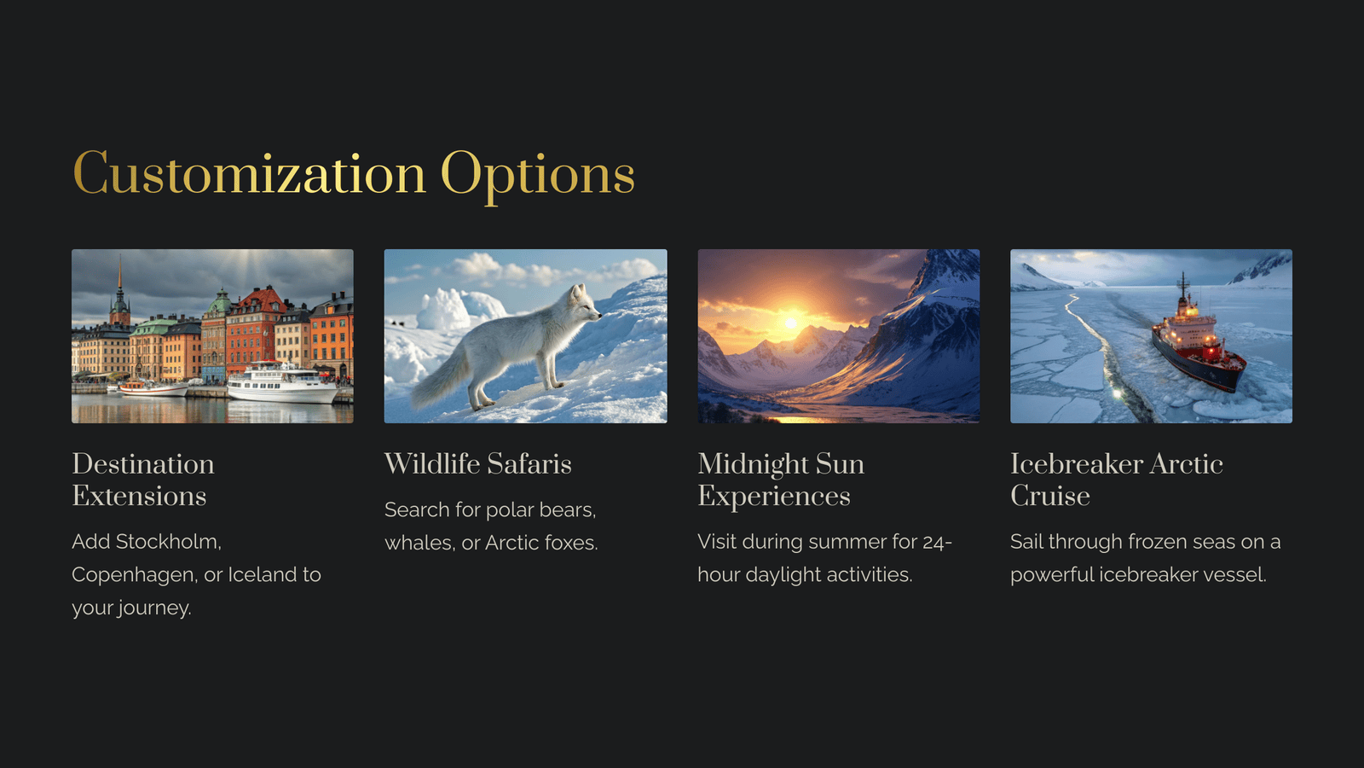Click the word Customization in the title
tap(249, 174)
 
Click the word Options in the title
tap(538, 177)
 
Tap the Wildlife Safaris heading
tap(478, 464)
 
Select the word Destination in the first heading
tap(143, 464)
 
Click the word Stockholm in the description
tap(168, 542)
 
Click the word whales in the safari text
tap(419, 543)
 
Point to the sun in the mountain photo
tap(790, 323)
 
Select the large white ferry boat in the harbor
tap(282, 383)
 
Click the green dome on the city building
tap(221, 301)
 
